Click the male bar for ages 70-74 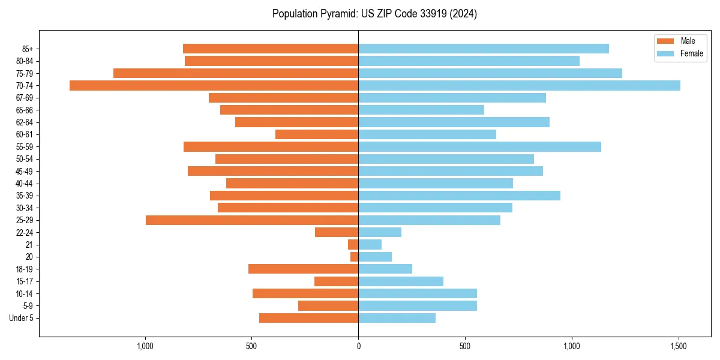click(214, 85)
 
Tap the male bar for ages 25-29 click(252, 220)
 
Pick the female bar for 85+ click(484, 49)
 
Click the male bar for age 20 click(355, 257)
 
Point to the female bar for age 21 click(370, 245)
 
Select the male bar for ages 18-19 click(303, 269)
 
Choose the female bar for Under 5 click(397, 318)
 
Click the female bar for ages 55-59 click(479, 146)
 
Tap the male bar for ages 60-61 click(317, 134)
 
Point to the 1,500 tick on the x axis click(679, 346)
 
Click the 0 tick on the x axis click(358, 346)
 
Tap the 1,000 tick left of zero click(145, 346)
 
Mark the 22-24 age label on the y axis click(25, 233)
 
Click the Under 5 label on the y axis click(21, 318)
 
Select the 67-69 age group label click(25, 98)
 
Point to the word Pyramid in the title click(336, 14)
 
